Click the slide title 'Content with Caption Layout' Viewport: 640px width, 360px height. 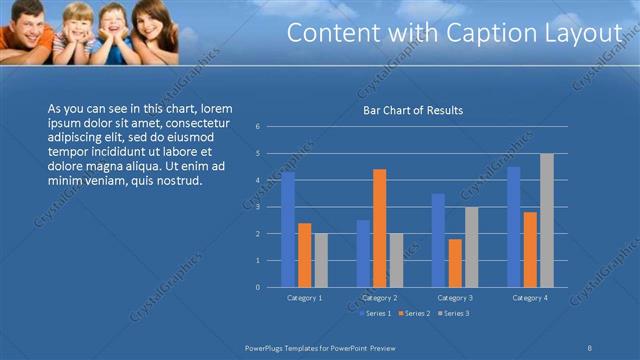click(455, 33)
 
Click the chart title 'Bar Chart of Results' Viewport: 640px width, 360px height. click(412, 110)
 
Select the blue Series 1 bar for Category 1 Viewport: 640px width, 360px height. click(288, 229)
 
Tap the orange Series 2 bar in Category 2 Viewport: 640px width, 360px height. click(379, 228)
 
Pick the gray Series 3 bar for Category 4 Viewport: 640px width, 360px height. click(546, 220)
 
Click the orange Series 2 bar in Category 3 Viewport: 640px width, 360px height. click(455, 263)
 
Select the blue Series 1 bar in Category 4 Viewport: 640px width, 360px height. click(514, 227)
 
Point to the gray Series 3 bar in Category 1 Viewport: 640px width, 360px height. click(320, 260)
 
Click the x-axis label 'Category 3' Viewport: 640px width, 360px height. click(454, 298)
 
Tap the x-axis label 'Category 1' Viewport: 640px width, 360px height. click(304, 298)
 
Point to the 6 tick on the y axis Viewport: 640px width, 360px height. click(258, 127)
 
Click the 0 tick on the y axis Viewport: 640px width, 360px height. click(258, 287)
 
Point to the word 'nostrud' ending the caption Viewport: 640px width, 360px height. click(181, 181)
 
